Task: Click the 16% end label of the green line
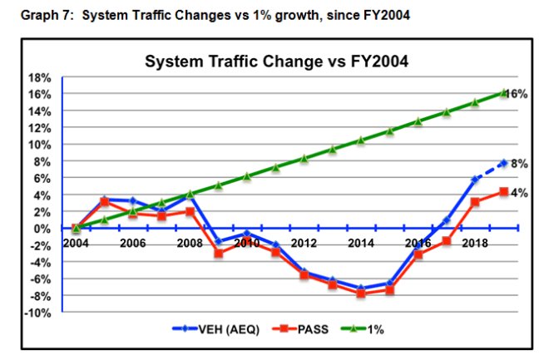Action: [517, 94]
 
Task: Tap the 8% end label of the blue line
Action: [517, 164]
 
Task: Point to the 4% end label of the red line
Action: [517, 194]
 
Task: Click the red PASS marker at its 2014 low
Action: [361, 293]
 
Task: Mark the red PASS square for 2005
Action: [104, 202]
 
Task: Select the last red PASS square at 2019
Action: [503, 192]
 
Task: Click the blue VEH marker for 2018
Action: [475, 180]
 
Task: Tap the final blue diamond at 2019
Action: [503, 163]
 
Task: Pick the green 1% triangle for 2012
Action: [304, 158]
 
